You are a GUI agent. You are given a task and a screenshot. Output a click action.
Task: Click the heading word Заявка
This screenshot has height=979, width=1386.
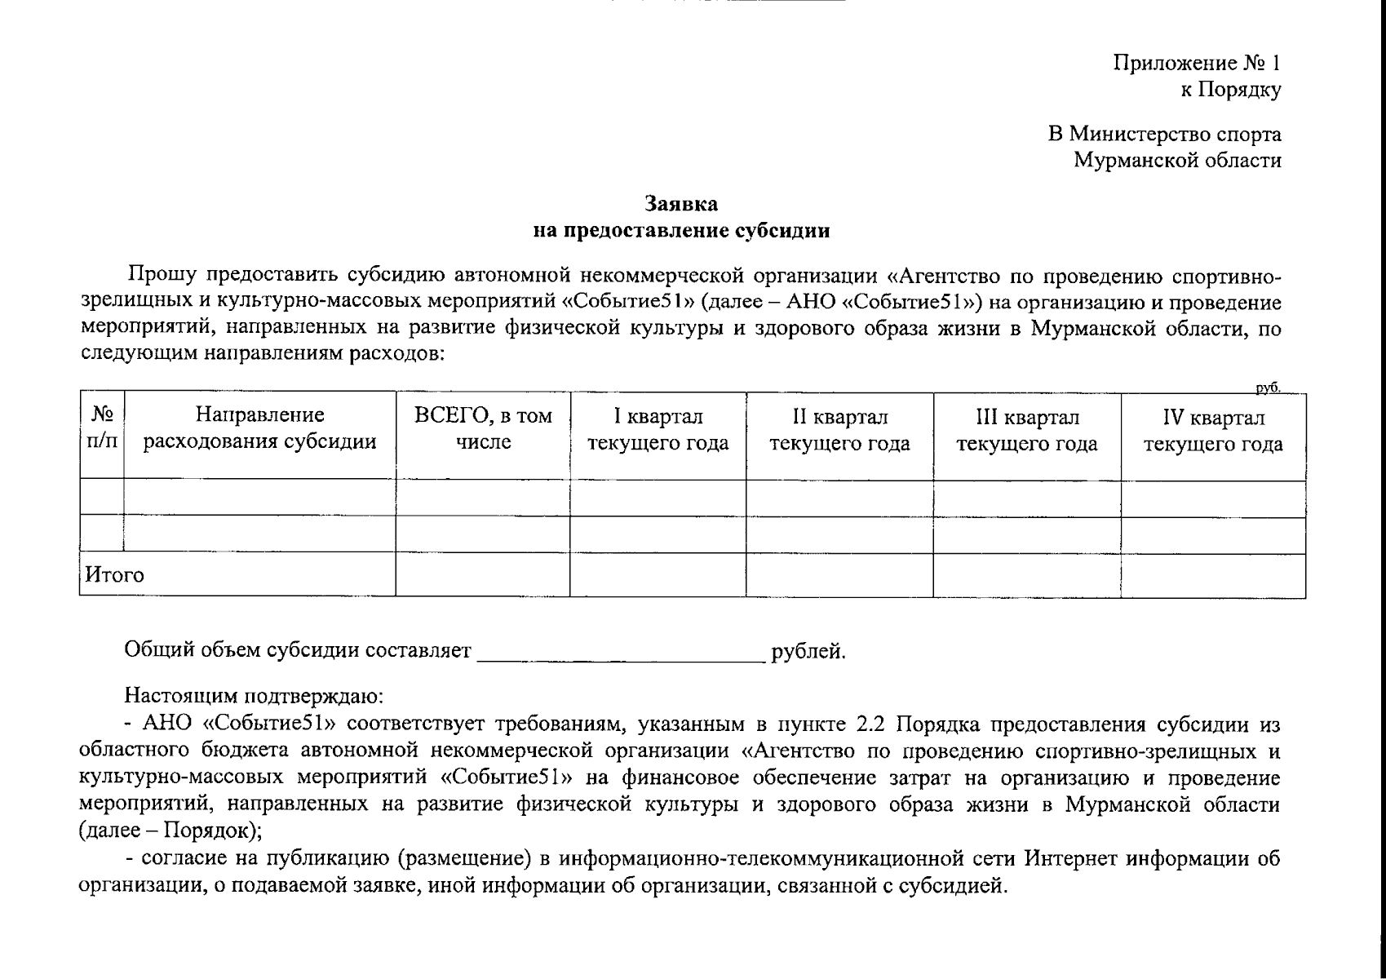(x=681, y=202)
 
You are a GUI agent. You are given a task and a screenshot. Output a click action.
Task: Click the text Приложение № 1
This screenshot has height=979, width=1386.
(x=1197, y=63)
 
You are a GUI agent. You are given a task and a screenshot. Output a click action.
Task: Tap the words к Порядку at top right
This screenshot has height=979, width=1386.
(x=1230, y=90)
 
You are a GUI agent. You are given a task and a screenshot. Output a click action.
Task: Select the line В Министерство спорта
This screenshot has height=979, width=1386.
(x=1164, y=134)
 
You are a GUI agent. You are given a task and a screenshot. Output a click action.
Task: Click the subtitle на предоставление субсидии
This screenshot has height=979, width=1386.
(x=681, y=231)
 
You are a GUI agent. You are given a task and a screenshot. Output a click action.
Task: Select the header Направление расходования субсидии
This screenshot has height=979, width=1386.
(x=259, y=429)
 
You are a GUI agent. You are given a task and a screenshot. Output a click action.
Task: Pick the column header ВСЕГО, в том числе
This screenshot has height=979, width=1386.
(x=483, y=429)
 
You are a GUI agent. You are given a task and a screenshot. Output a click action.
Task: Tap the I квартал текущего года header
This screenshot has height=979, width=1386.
(x=658, y=431)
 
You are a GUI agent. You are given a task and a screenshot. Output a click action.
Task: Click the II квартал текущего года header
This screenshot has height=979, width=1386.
(x=839, y=431)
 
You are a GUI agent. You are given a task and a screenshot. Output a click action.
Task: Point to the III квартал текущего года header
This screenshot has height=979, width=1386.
(x=1026, y=431)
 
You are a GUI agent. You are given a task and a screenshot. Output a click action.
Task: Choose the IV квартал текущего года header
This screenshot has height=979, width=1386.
(x=1212, y=431)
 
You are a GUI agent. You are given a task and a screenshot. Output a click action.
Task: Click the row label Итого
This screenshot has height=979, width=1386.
(x=115, y=575)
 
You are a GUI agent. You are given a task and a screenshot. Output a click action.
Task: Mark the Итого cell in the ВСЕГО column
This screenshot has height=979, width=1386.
(x=483, y=575)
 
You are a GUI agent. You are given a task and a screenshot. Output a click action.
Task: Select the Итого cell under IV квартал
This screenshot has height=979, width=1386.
(x=1212, y=575)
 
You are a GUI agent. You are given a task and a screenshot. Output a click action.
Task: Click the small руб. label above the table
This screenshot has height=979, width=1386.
(x=1268, y=388)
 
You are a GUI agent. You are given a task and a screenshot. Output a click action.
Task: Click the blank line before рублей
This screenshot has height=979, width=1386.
(x=620, y=653)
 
